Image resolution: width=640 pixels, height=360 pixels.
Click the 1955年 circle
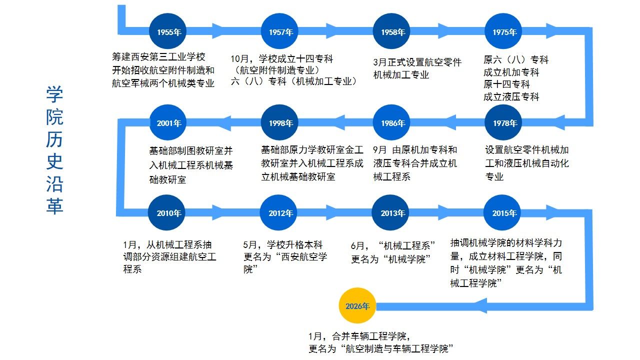click(x=168, y=32)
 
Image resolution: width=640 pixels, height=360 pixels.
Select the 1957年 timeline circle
click(x=280, y=32)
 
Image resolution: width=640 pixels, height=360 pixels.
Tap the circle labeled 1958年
click(x=392, y=32)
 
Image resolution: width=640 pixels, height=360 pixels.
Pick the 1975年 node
click(x=503, y=32)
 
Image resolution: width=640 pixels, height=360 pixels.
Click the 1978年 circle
click(x=504, y=123)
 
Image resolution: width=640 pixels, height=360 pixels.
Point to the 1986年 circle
click(x=392, y=123)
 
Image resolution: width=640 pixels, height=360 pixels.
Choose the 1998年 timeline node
click(x=280, y=123)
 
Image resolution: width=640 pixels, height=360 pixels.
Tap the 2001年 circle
click(x=168, y=123)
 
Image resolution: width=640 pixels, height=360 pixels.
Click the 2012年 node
click(x=280, y=213)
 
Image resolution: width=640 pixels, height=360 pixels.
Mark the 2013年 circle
click(x=392, y=213)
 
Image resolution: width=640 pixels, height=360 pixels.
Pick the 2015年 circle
click(x=503, y=213)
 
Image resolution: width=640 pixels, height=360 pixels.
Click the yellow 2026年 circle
click(x=356, y=306)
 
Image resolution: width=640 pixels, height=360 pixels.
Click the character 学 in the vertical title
click(x=55, y=94)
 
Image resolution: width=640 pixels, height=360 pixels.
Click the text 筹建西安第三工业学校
click(x=158, y=57)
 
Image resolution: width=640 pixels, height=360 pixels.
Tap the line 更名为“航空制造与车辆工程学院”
click(x=383, y=348)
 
